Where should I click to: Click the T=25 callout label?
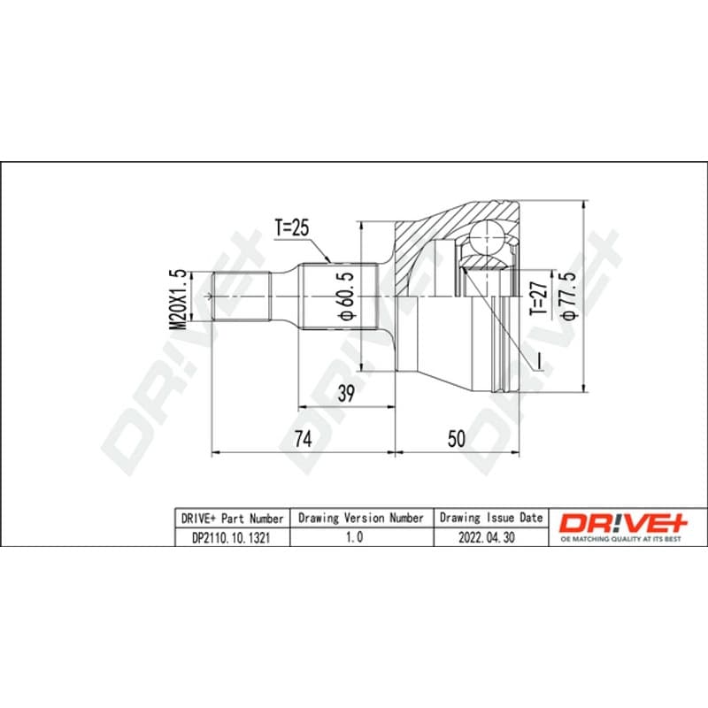(x=292, y=228)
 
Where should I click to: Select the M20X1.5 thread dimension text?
(x=177, y=299)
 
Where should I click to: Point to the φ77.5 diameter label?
(x=569, y=296)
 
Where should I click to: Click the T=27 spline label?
(x=539, y=298)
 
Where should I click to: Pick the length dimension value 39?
(x=346, y=394)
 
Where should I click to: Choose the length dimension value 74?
(x=303, y=438)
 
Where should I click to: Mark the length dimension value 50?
(x=456, y=438)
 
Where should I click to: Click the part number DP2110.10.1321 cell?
(x=231, y=537)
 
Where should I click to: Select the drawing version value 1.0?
(x=354, y=537)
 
